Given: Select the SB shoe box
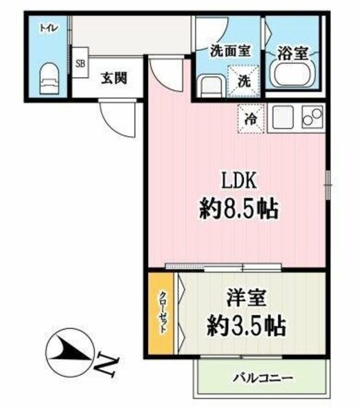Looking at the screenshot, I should pos(80,63).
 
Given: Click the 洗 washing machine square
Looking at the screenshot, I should pos(244,81).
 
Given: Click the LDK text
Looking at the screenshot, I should pos(239,181).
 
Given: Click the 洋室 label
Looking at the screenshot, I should pos(246,298).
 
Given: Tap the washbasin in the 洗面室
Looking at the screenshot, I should pos(209,86).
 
